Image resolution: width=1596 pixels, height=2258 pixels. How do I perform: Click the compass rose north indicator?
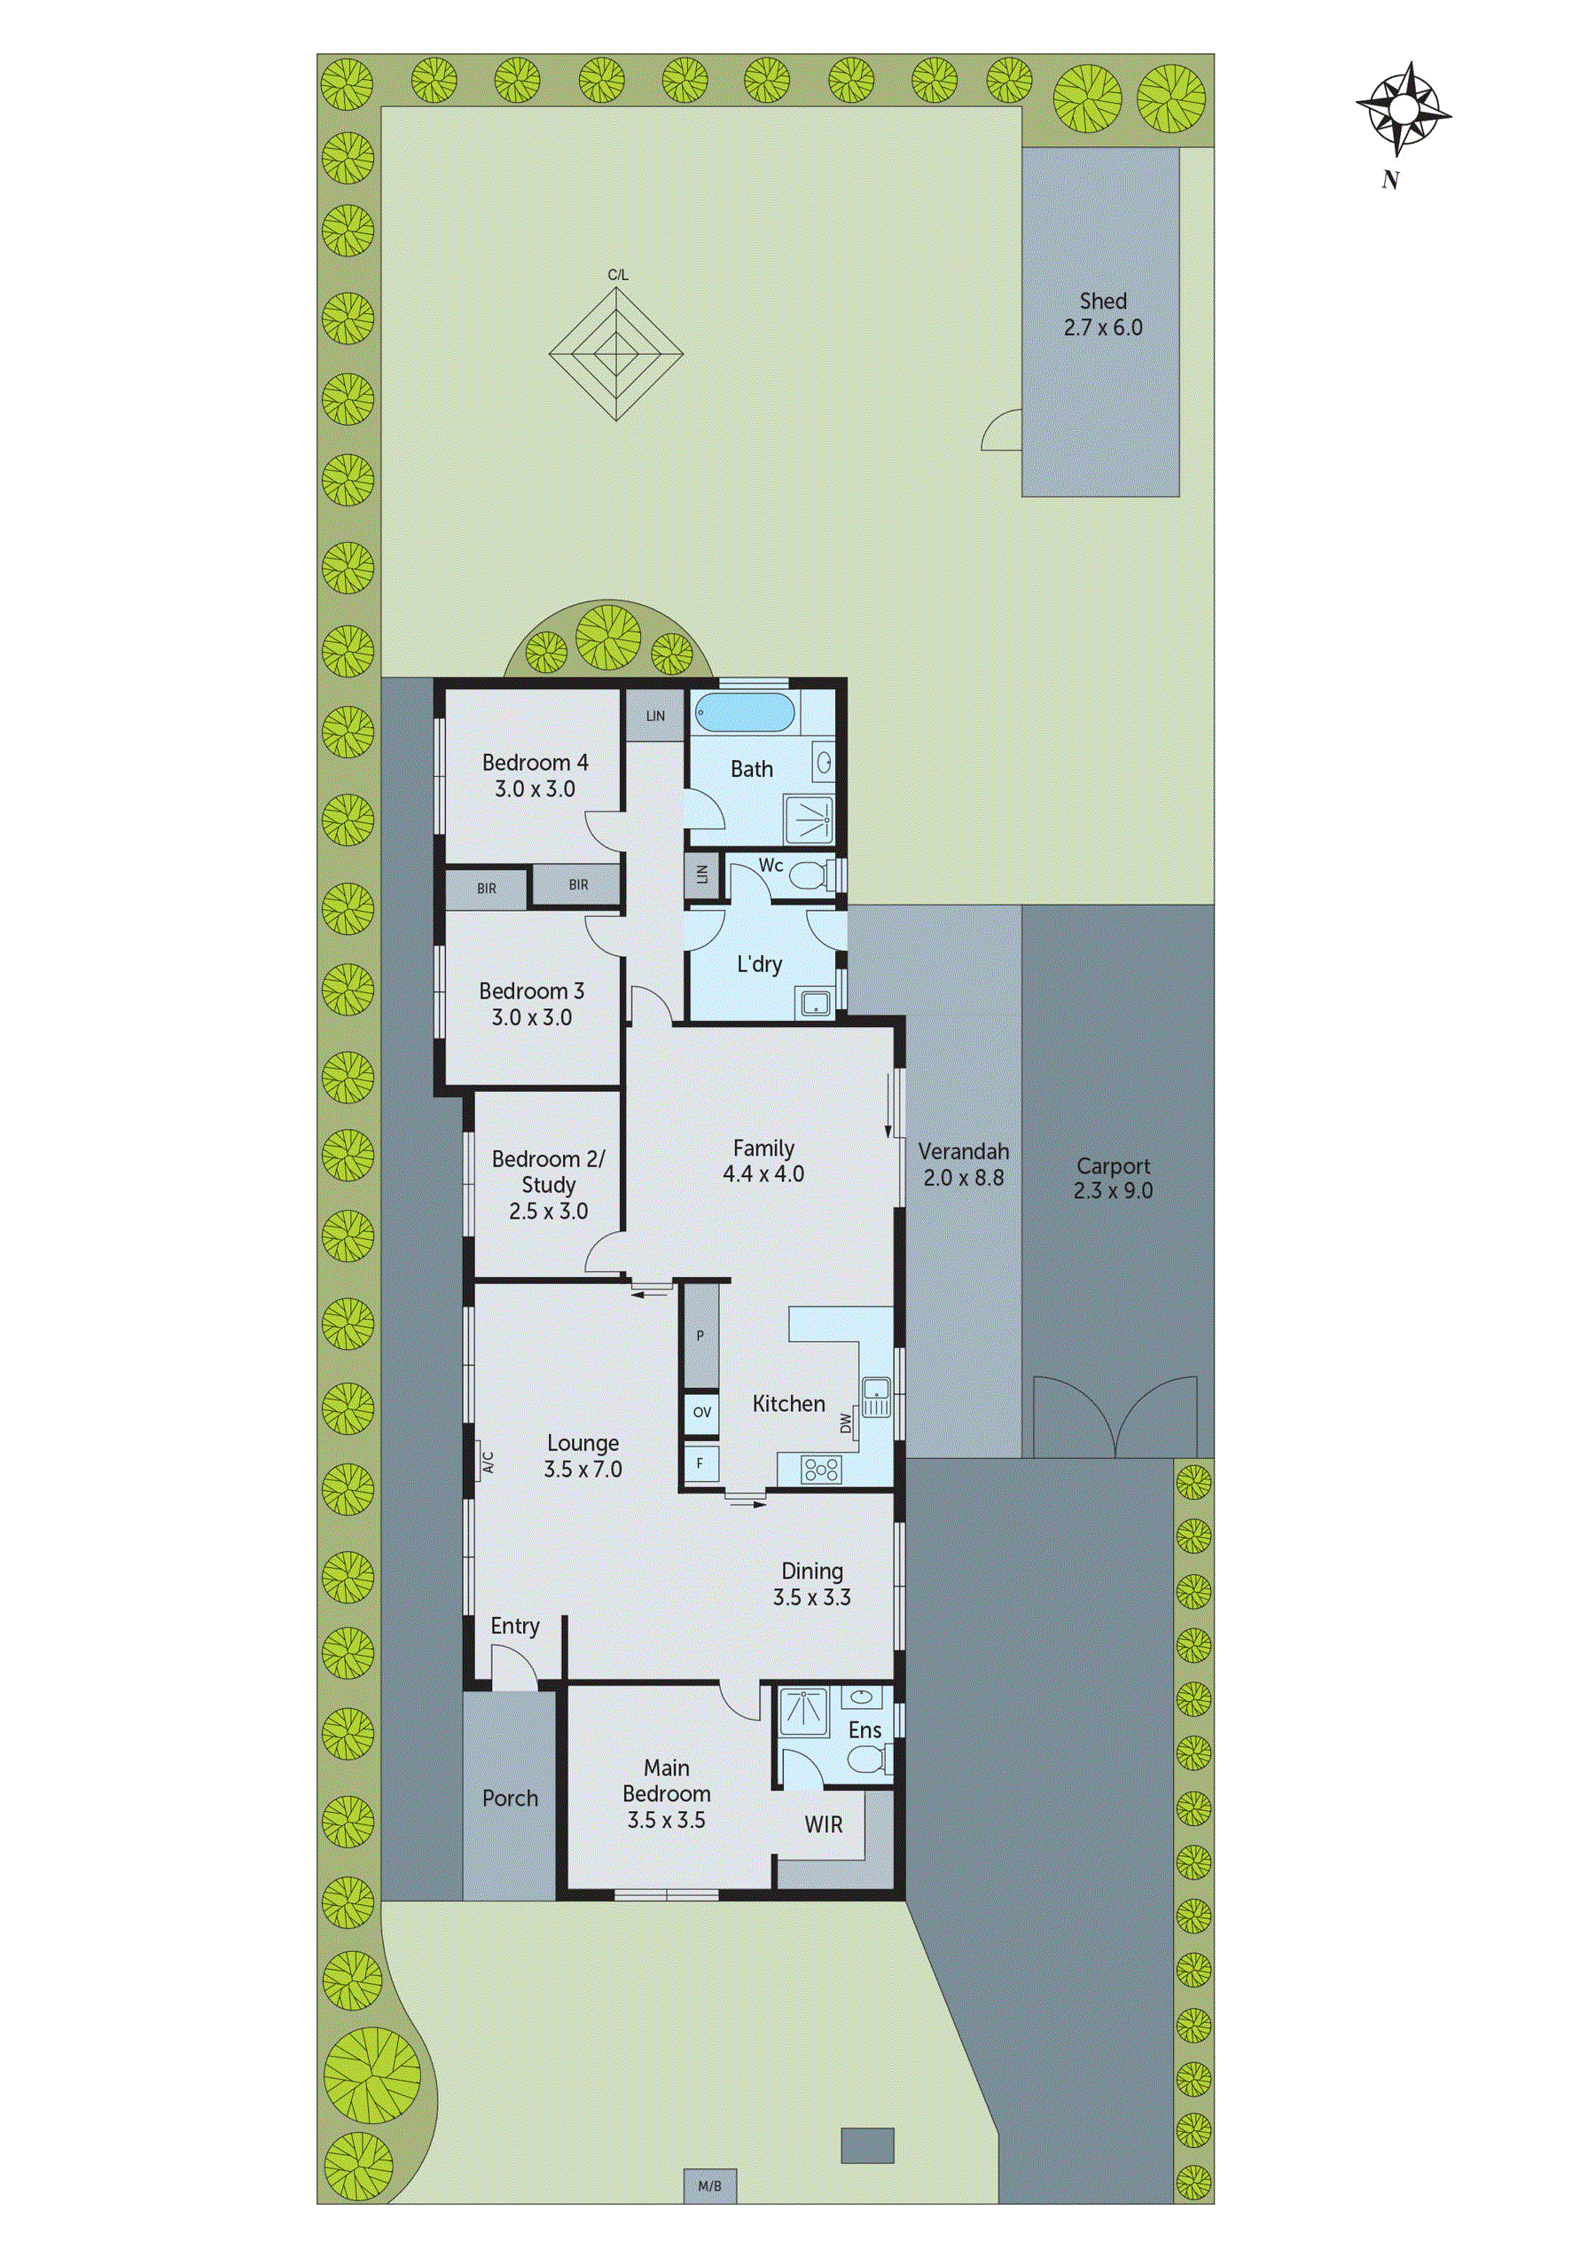(1404, 109)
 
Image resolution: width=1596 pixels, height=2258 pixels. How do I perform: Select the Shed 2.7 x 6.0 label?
(1102, 315)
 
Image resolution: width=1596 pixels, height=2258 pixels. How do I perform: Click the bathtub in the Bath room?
(745, 712)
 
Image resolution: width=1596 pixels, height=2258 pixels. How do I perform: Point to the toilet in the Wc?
(813, 874)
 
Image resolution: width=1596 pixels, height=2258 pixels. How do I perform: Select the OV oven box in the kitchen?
(701, 1412)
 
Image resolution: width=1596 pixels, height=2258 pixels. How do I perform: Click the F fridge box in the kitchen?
(700, 1463)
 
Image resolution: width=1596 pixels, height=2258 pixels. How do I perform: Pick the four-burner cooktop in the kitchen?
(821, 1470)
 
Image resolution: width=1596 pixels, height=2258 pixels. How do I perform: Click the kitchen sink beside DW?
(875, 1398)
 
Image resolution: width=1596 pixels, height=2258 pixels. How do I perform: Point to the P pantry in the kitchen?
(701, 1336)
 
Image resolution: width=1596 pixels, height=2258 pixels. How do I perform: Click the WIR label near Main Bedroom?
(823, 1824)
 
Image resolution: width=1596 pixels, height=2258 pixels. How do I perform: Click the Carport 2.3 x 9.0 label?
(1113, 1178)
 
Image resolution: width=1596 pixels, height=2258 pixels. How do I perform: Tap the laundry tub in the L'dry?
(815, 1003)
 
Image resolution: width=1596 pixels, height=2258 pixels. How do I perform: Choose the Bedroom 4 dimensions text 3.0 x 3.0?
(535, 788)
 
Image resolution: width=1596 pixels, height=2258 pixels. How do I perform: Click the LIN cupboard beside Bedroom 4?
(655, 716)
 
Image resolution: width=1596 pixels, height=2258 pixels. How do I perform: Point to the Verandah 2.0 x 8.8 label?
(963, 1164)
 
